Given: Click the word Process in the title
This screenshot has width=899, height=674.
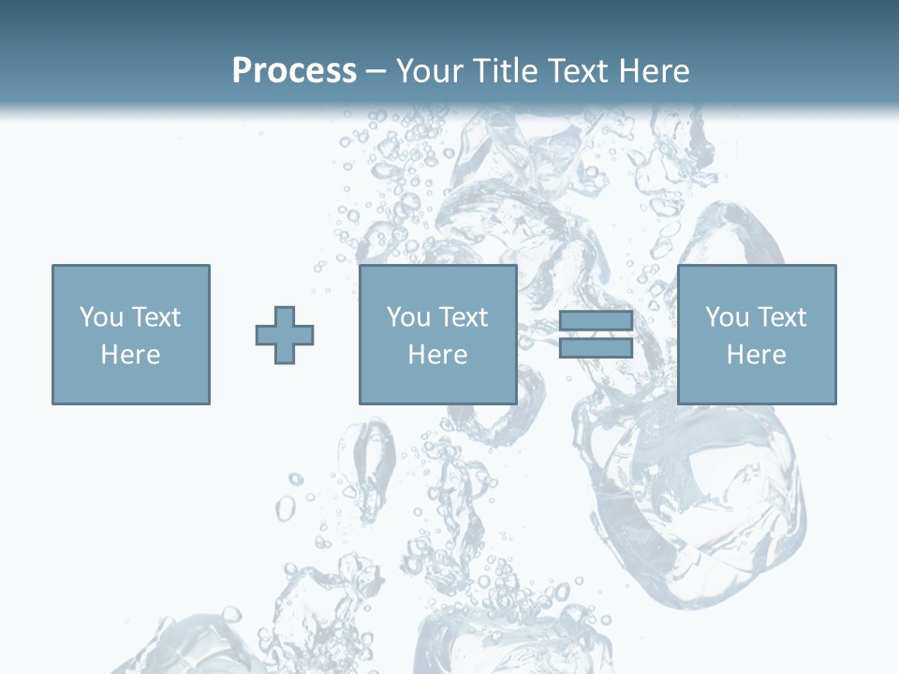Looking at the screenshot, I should click(x=294, y=71).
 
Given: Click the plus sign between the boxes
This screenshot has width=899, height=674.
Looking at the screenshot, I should click(x=285, y=335).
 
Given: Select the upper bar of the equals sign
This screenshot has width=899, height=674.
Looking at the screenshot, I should click(x=596, y=321).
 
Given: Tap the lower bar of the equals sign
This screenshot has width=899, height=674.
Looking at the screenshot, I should click(x=596, y=348).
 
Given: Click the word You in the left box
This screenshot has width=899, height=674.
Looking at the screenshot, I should click(x=101, y=317).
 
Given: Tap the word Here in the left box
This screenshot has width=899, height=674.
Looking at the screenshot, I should click(x=130, y=355).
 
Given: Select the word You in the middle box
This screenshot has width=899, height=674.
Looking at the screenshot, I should click(x=408, y=317).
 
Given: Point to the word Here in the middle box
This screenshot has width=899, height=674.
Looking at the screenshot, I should click(x=437, y=355).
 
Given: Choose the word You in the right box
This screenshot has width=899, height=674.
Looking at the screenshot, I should click(x=727, y=317).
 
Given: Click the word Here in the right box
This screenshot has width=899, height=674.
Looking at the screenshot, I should click(x=756, y=355).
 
